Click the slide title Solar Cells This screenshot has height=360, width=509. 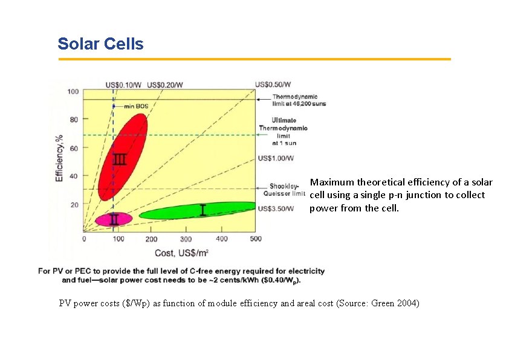pos(100,44)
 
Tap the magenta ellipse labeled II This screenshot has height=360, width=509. pos(113,219)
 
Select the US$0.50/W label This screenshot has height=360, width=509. pos(273,84)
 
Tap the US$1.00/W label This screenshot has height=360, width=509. pos(276,158)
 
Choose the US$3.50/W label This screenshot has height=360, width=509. pos(276,209)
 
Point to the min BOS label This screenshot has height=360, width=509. pos(136,106)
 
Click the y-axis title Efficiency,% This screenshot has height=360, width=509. pos(59,159)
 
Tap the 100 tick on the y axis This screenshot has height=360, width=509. pos(73,92)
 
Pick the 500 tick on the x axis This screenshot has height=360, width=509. pos(256,239)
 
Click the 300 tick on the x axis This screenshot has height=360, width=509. pos(187,239)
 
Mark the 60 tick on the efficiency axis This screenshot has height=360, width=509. pos(74,148)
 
